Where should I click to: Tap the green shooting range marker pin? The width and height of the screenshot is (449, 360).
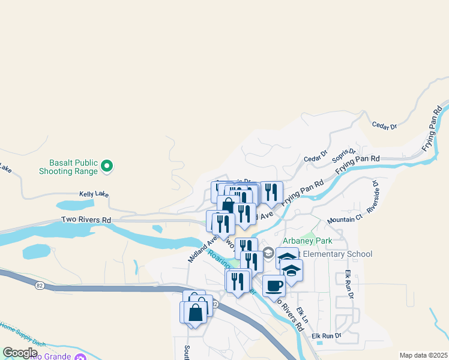pyautogui.click(x=107, y=166)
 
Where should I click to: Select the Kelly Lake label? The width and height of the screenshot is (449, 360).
pyautogui.click(x=94, y=194)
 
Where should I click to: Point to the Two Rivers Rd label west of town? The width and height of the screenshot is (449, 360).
pyautogui.click(x=86, y=220)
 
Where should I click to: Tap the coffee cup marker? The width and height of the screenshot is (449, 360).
pyautogui.click(x=274, y=286)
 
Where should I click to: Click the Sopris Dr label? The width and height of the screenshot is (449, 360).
pyautogui.click(x=344, y=155)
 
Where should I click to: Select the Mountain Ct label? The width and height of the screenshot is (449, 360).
pyautogui.click(x=341, y=220)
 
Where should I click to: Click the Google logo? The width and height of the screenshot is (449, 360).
pyautogui.click(x=20, y=352)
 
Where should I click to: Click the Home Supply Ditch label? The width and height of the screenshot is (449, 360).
pyautogui.click(x=23, y=334)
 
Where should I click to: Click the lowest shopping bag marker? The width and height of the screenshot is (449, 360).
pyautogui.click(x=194, y=313)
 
